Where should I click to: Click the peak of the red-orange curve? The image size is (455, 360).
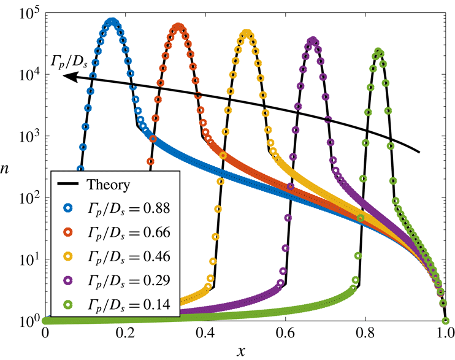(178, 27)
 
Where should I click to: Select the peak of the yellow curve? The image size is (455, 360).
(247, 33)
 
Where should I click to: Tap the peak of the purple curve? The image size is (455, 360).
(313, 40)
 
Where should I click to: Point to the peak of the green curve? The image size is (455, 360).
(379, 52)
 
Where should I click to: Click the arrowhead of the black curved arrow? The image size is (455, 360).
(69, 76)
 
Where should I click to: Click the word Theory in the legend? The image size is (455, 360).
(108, 184)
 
